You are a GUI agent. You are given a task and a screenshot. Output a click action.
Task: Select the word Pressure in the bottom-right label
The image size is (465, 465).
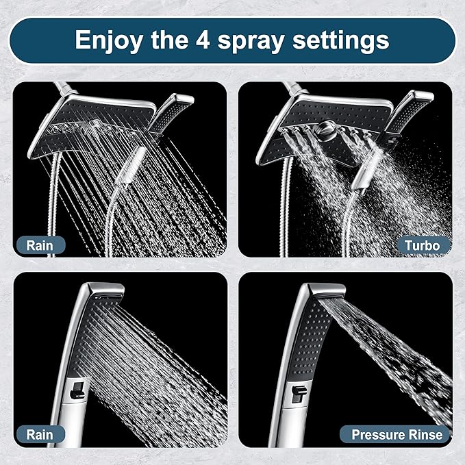(381, 434)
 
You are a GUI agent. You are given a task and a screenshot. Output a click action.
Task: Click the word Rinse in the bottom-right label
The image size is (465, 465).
(427, 434)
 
